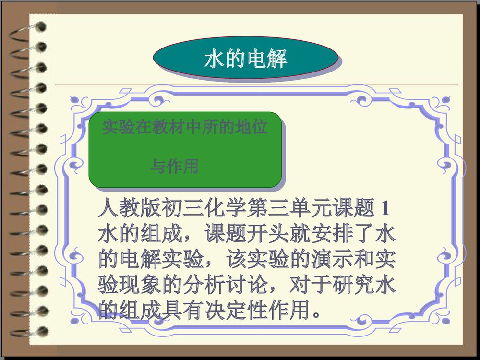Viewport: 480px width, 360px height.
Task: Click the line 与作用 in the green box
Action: point(175,167)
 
